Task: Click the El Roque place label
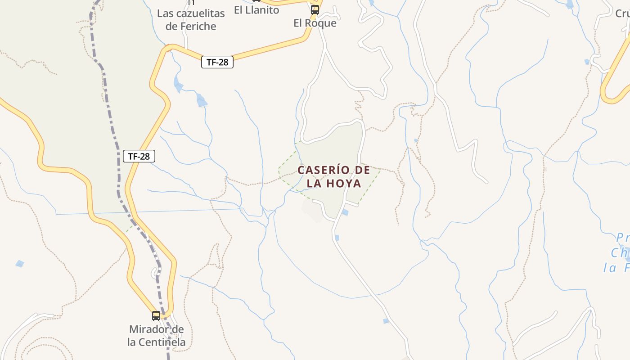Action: point(315,23)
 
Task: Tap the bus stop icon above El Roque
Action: point(315,9)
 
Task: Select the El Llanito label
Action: point(256,10)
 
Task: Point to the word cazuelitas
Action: point(201,13)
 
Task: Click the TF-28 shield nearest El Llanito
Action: point(217,63)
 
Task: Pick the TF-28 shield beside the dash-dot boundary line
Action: point(139,157)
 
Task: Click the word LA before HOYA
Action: point(315,184)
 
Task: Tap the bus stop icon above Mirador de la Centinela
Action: point(156,315)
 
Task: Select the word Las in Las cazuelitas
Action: point(165,13)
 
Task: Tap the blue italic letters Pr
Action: point(622,237)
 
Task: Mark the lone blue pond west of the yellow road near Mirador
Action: point(19,263)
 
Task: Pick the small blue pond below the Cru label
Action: point(587,62)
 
